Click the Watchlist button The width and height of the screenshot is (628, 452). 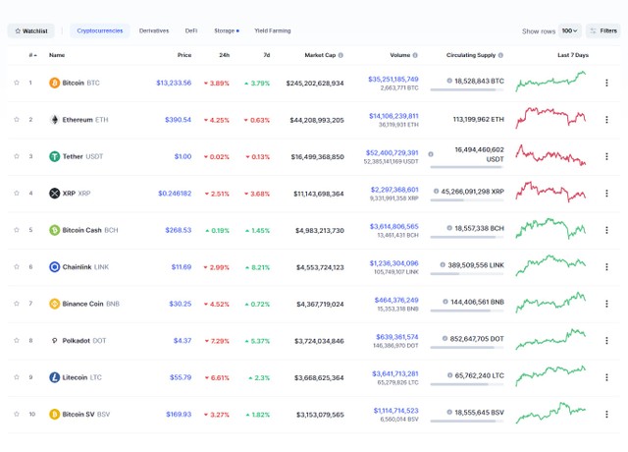tap(31, 30)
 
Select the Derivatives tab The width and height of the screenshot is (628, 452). tap(154, 30)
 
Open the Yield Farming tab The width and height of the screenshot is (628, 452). tap(272, 30)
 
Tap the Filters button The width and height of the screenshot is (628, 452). tap(603, 30)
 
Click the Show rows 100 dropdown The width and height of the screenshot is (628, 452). tap(569, 30)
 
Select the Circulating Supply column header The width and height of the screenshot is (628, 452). tap(475, 55)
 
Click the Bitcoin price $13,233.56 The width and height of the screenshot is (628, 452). tap(174, 83)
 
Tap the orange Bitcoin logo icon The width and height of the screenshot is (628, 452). tap(55, 83)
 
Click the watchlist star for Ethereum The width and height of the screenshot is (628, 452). tap(17, 120)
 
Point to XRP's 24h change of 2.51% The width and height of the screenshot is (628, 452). tap(216, 194)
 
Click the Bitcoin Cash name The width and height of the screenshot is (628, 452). tap(81, 230)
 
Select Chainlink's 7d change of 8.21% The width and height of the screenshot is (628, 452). tap(257, 266)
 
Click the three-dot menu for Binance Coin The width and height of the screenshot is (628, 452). tap(606, 304)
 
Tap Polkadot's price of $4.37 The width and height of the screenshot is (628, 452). tap(183, 340)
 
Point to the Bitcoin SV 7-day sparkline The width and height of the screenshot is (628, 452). tap(550, 412)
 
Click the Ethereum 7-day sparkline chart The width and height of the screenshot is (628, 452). tap(550, 118)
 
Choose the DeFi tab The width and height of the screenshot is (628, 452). tap(191, 30)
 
